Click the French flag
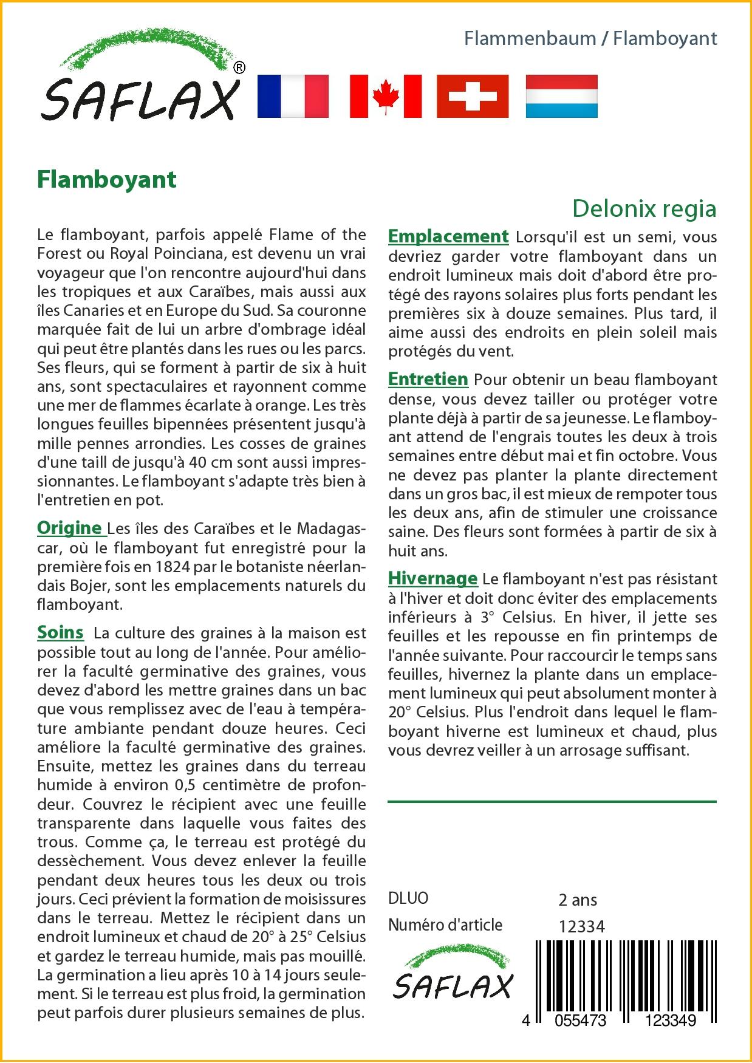pos(293,96)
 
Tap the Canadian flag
pos(386,96)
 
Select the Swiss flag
pos(473,96)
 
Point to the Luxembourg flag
pos(561,96)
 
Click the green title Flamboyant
pos(107,179)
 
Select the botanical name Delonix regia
pos(644,208)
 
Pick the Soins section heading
pos(60,632)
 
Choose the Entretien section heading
pos(428,379)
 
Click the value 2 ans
pos(578,900)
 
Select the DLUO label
pos(408,898)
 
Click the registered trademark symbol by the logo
pos(239,68)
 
